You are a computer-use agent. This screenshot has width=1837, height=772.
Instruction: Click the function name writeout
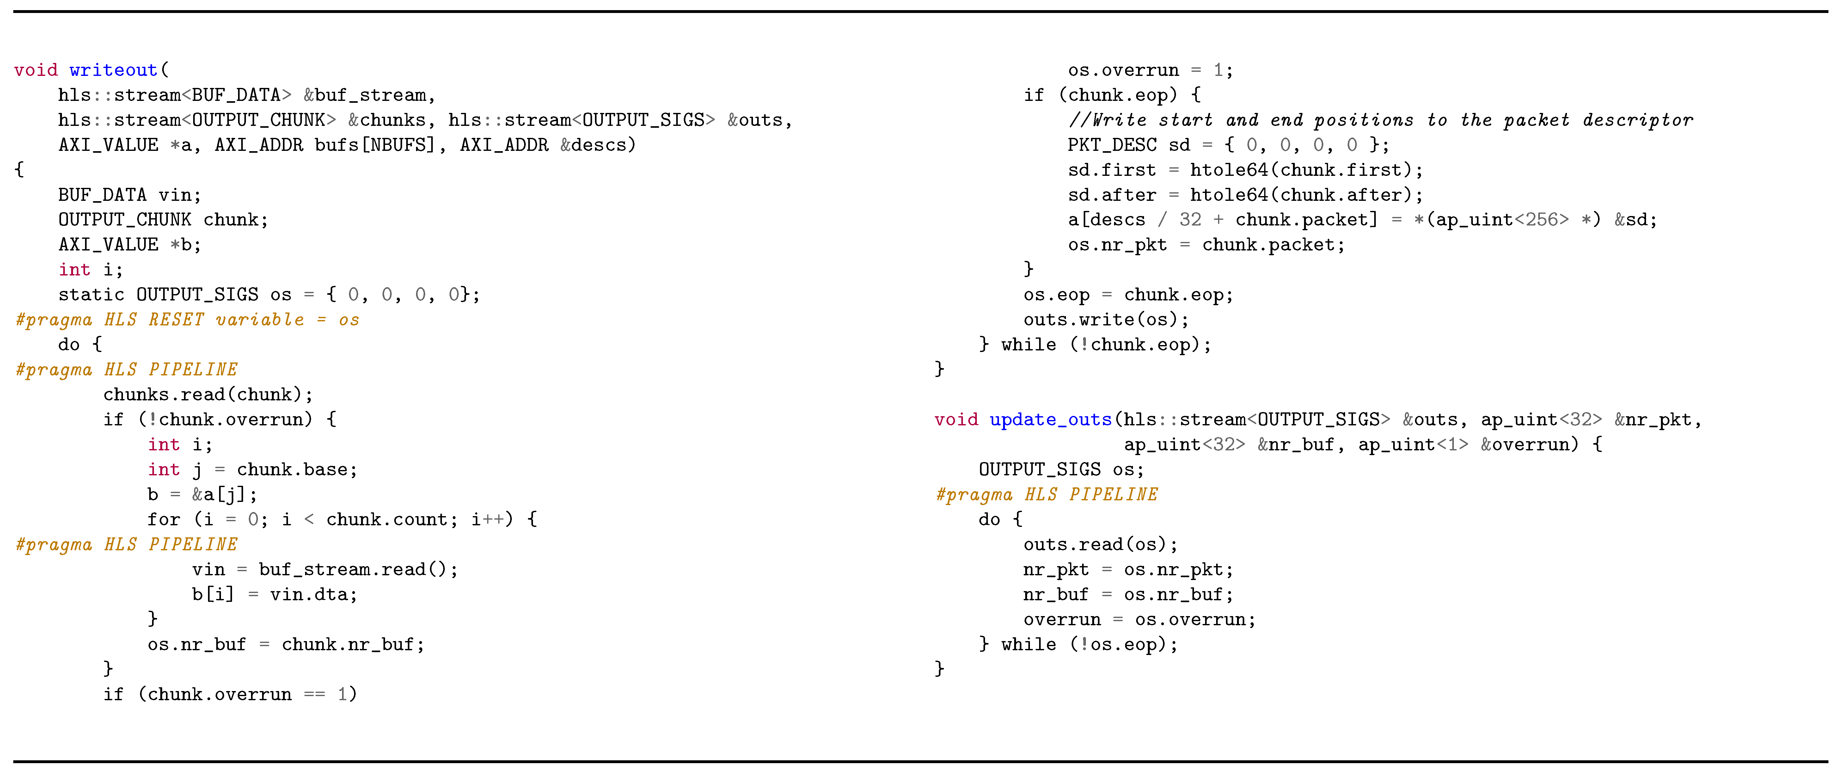(x=113, y=70)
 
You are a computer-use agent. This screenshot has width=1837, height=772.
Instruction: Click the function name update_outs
(x=1050, y=420)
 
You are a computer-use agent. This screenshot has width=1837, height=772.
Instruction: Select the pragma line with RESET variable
(x=187, y=320)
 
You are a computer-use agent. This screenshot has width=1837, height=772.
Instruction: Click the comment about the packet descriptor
(x=1380, y=120)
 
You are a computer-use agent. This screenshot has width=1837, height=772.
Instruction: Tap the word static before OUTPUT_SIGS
(x=91, y=295)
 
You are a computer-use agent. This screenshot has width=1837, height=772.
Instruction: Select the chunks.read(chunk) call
(x=207, y=395)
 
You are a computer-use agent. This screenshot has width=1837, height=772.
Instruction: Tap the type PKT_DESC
(x=1112, y=145)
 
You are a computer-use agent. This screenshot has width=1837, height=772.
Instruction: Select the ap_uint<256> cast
(x=1502, y=220)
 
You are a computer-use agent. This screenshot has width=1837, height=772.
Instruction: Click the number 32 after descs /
(x=1190, y=220)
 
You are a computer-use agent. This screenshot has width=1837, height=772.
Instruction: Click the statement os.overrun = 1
(x=1149, y=70)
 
